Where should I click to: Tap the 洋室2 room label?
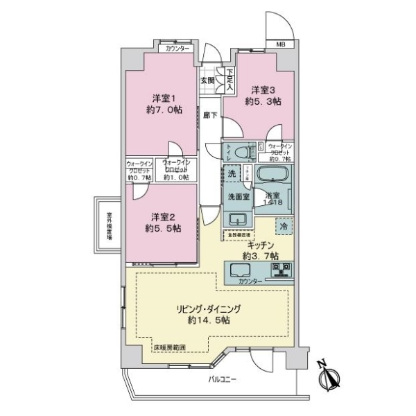click(164, 215)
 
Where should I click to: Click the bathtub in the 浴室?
click(273, 175)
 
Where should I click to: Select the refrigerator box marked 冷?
click(283, 226)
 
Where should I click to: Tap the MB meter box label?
click(281, 45)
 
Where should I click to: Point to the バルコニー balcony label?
click(223, 380)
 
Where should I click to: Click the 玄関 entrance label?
click(207, 80)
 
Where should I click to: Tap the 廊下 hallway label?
click(208, 116)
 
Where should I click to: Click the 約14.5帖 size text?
click(214, 321)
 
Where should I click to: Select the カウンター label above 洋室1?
click(175, 49)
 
